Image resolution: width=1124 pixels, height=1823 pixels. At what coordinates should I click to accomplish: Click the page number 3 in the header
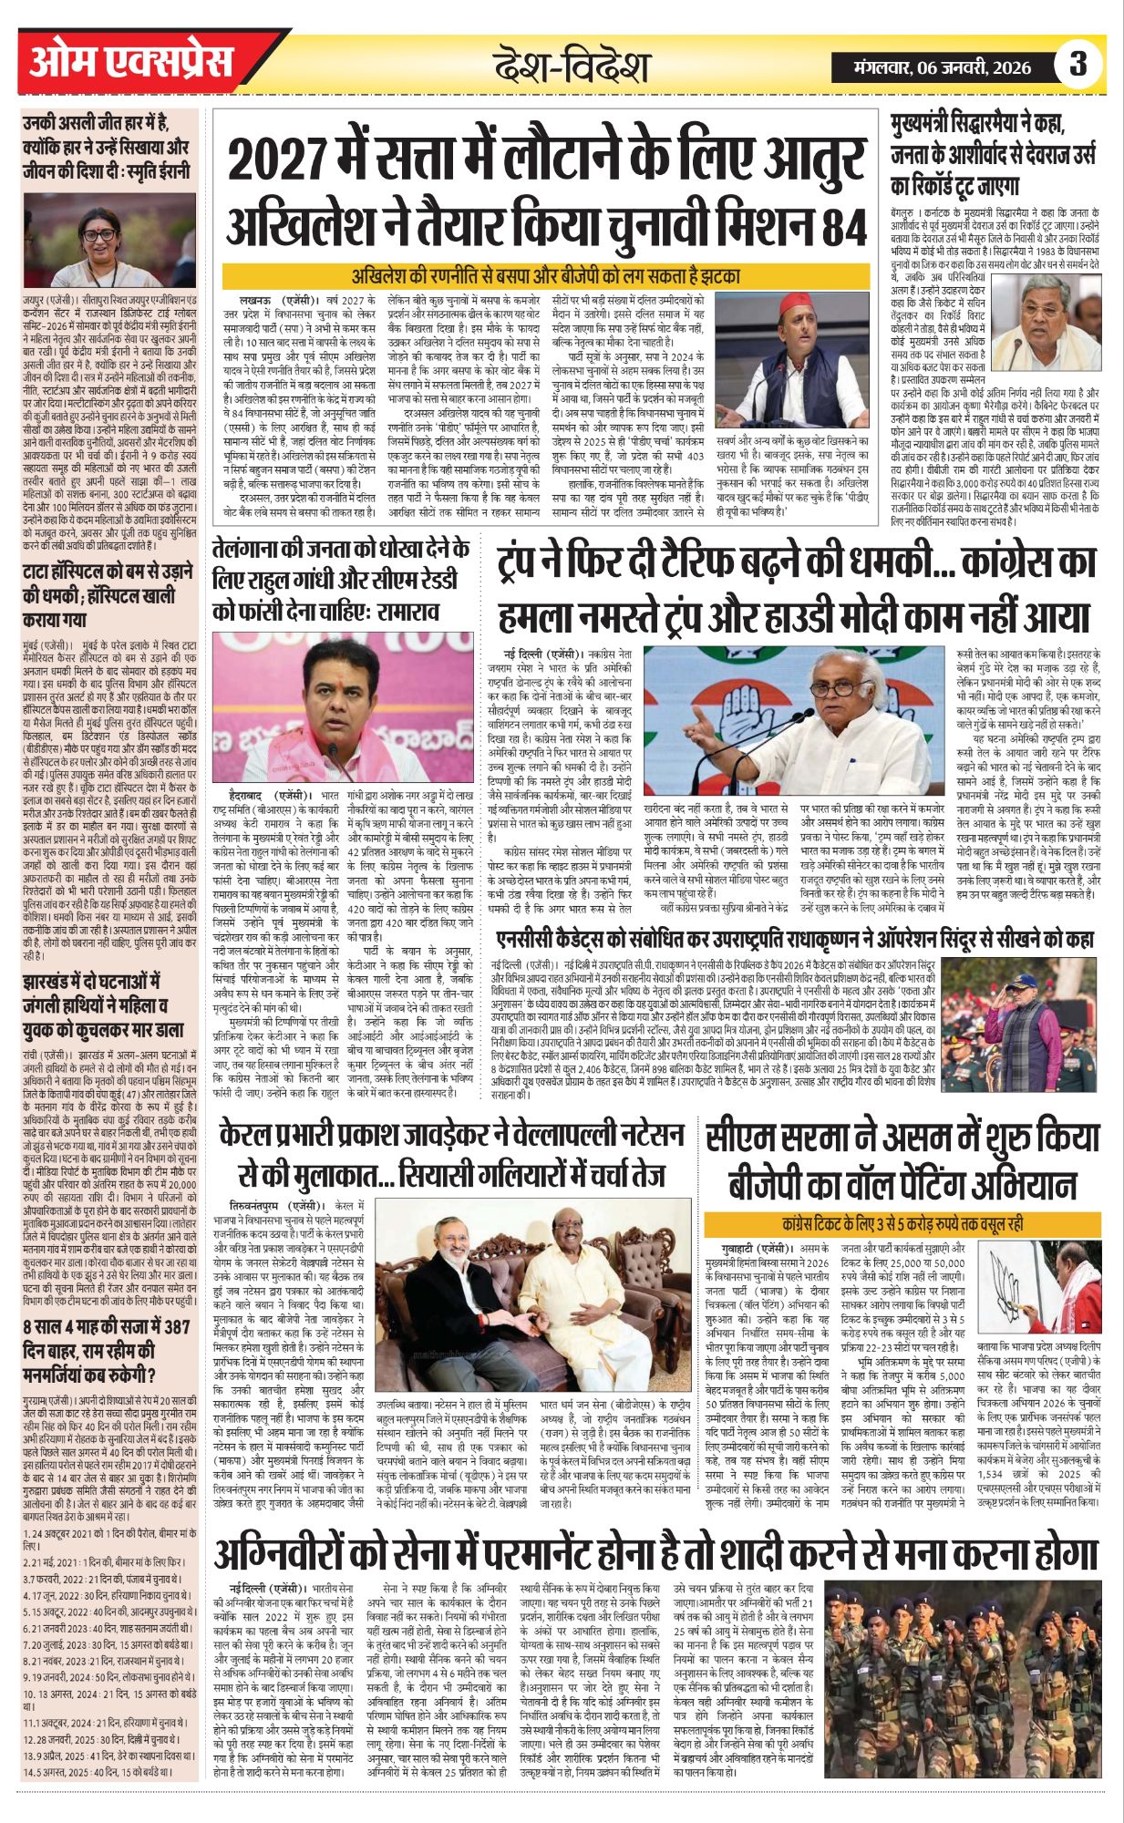(x=1078, y=65)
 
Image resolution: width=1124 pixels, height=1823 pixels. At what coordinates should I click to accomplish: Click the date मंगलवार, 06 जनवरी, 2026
(x=942, y=67)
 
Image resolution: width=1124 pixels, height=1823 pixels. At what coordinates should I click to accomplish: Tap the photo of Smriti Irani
(x=111, y=240)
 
